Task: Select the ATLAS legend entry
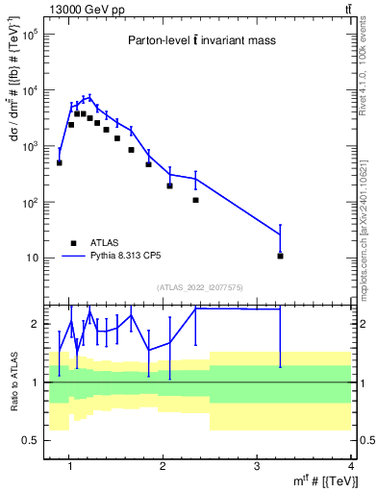coord(92,243)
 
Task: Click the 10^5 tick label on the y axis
coord(31,34)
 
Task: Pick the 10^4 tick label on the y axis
coord(31,90)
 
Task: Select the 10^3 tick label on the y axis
coord(31,146)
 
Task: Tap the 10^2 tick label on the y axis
coord(31,202)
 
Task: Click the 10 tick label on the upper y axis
coord(33,258)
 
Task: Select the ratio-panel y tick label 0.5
coord(30,440)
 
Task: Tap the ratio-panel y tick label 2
coord(36,325)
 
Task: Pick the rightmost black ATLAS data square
coord(280,256)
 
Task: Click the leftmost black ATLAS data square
coord(60,162)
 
